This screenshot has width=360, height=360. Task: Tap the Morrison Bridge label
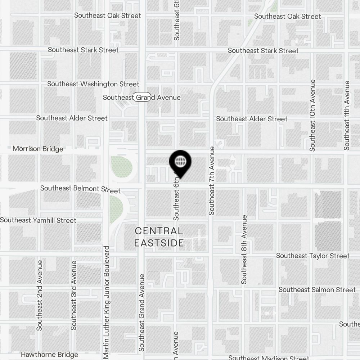click(38, 149)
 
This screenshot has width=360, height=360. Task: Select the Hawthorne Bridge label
click(49, 355)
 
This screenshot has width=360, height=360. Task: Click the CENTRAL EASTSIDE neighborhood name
click(159, 237)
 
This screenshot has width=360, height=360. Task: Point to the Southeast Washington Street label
click(93, 84)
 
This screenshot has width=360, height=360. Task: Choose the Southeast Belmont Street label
click(80, 189)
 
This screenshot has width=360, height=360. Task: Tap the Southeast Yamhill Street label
click(38, 220)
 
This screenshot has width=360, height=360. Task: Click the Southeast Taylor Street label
click(312, 256)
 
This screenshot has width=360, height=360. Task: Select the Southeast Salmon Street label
click(317, 289)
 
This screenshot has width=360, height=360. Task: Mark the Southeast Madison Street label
click(269, 357)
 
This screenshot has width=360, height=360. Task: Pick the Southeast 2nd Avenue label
click(40, 295)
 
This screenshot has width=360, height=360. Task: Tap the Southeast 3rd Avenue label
click(74, 295)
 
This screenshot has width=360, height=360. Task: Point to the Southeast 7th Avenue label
click(212, 181)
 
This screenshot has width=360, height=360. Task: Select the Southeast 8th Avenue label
click(244, 249)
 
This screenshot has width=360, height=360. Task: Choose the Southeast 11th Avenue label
click(347, 115)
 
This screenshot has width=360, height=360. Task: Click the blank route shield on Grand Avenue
click(141, 97)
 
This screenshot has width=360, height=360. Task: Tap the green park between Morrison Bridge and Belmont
click(122, 167)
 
